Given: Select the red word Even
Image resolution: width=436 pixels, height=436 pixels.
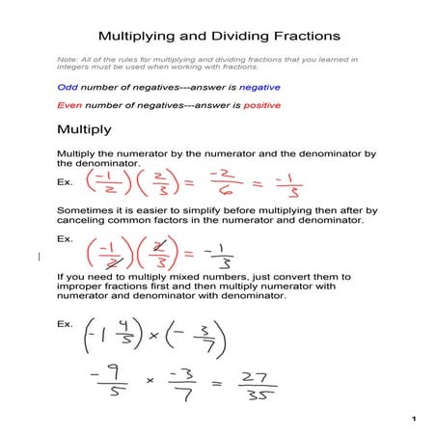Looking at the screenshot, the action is pyautogui.click(x=68, y=105).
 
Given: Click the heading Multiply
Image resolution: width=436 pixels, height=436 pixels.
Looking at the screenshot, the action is pyautogui.click(x=84, y=129).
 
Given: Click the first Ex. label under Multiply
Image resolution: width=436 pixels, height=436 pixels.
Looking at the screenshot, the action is pyautogui.click(x=66, y=179).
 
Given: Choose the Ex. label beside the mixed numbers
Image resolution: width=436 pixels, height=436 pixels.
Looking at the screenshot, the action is pyautogui.click(x=66, y=323).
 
